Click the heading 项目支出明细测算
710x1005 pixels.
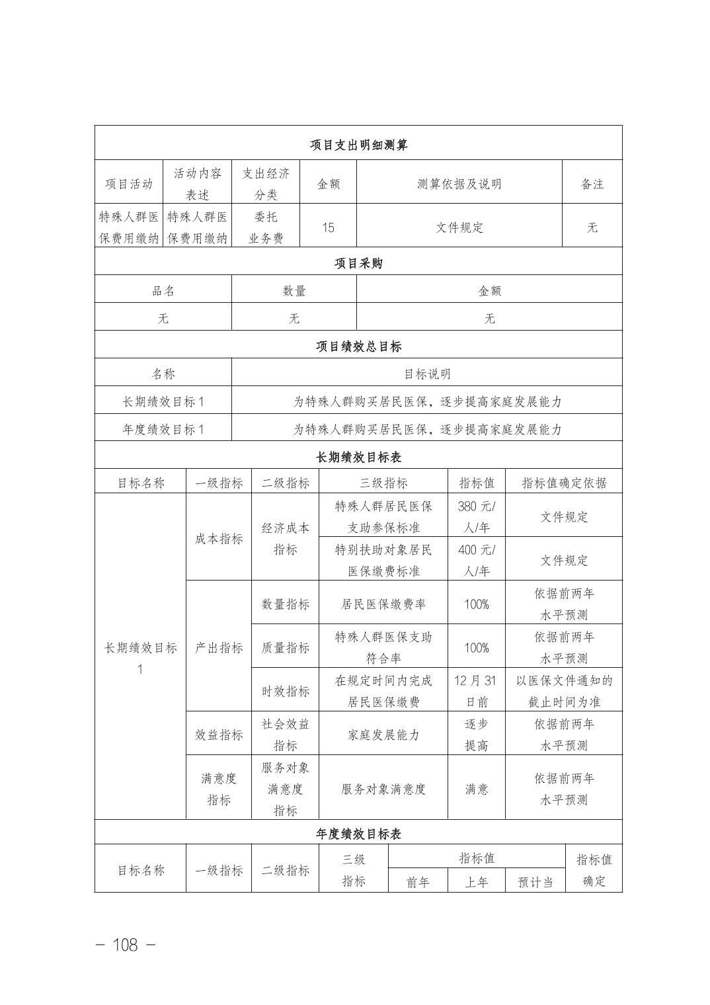coord(358,145)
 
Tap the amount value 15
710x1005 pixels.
coord(328,227)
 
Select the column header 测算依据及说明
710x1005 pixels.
coord(459,184)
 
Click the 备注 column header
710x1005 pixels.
coord(592,184)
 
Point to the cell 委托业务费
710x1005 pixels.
coord(266,227)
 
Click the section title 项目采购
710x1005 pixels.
coord(358,263)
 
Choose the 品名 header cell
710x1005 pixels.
coord(163,291)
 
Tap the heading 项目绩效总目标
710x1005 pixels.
coord(358,346)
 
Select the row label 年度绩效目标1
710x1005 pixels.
coord(163,429)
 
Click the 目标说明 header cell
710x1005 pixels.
coord(427,374)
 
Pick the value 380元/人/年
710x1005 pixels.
coord(476,517)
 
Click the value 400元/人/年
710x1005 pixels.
coord(476,560)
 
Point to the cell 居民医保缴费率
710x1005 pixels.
coord(383,604)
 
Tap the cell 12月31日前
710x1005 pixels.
coord(476,691)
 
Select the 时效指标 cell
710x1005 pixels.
coord(285,691)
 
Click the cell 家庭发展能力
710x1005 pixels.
coord(383,735)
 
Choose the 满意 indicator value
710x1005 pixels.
coord(476,789)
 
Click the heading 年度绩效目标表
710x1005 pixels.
coord(358,834)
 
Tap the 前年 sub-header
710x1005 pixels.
coord(418,882)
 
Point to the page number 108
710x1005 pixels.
coord(126,945)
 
